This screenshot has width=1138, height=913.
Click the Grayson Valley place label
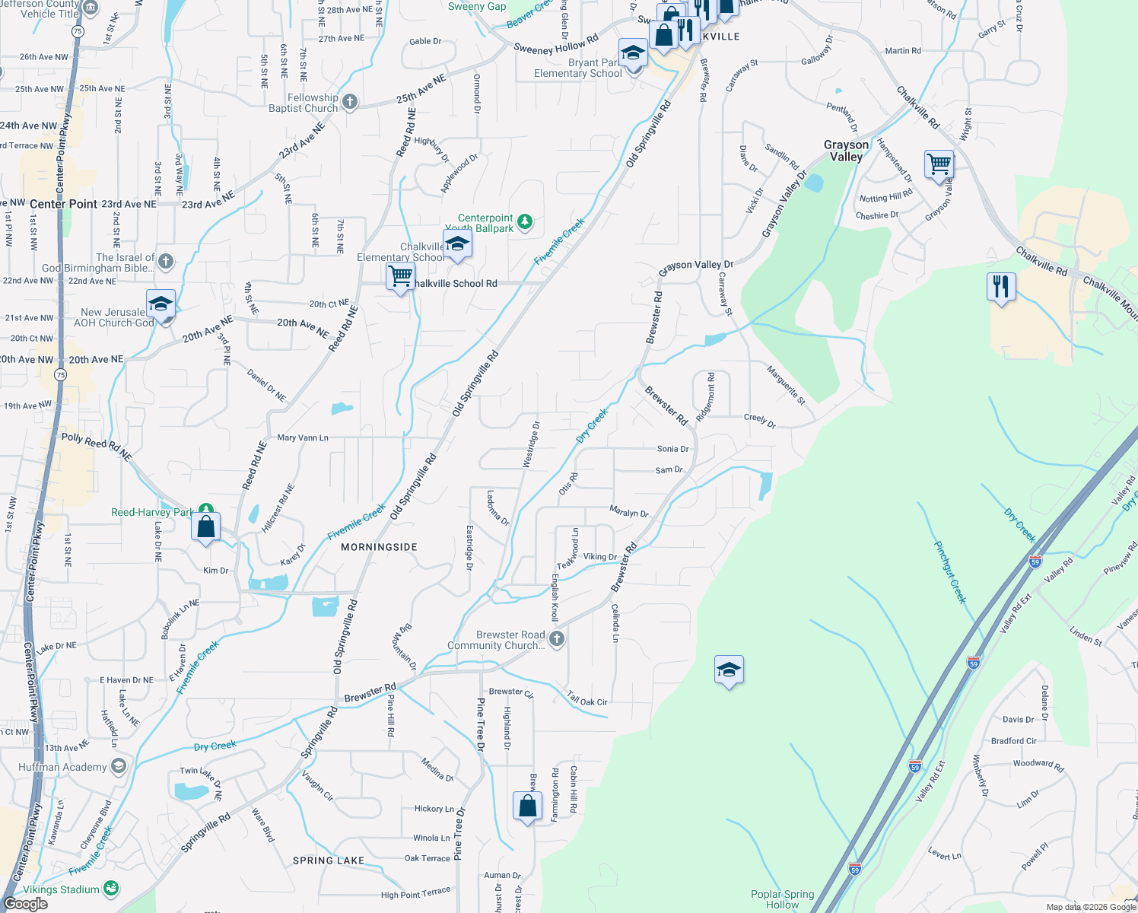click(x=846, y=151)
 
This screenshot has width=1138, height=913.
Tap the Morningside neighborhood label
click(x=379, y=547)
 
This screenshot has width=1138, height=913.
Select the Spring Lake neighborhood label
click(x=329, y=861)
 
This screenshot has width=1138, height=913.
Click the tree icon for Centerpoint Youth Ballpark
click(x=525, y=222)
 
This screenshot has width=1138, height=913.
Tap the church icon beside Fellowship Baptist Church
click(x=350, y=102)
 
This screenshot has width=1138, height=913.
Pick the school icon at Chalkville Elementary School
click(x=457, y=245)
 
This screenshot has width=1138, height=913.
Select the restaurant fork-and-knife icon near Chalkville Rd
click(x=1001, y=287)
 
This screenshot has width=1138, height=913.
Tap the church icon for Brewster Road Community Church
click(x=557, y=639)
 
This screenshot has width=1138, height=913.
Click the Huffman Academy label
click(x=62, y=767)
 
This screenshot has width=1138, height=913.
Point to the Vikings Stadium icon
click(x=111, y=888)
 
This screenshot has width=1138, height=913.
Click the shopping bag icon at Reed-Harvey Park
click(x=206, y=526)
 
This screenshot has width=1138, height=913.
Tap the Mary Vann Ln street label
click(x=303, y=437)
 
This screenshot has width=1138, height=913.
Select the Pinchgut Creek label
click(x=950, y=572)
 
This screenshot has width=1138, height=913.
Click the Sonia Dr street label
click(x=672, y=449)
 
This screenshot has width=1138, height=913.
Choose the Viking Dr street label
click(x=600, y=557)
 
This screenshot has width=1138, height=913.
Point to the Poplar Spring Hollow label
click(x=782, y=899)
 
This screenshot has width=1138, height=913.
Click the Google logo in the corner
click(x=25, y=904)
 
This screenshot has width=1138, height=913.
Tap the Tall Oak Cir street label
click(x=587, y=698)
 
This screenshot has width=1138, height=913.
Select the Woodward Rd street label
click(x=1038, y=765)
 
